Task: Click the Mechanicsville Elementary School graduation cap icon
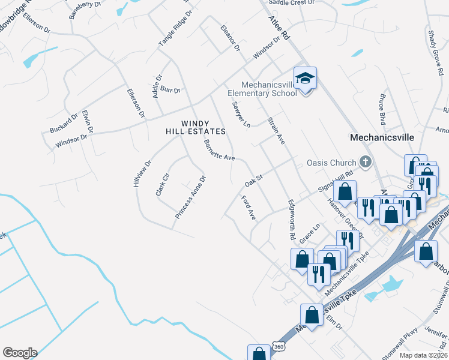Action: click(x=306, y=78)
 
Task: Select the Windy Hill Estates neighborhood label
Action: click(x=196, y=127)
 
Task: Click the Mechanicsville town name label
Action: click(x=382, y=137)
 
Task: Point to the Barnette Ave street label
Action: click(x=219, y=150)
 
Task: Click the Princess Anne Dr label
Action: click(x=191, y=196)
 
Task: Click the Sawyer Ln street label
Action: click(x=240, y=114)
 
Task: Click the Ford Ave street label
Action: click(x=249, y=208)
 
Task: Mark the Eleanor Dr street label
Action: click(x=230, y=38)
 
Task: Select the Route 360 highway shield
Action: click(x=278, y=347)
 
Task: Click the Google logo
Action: click(x=20, y=353)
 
